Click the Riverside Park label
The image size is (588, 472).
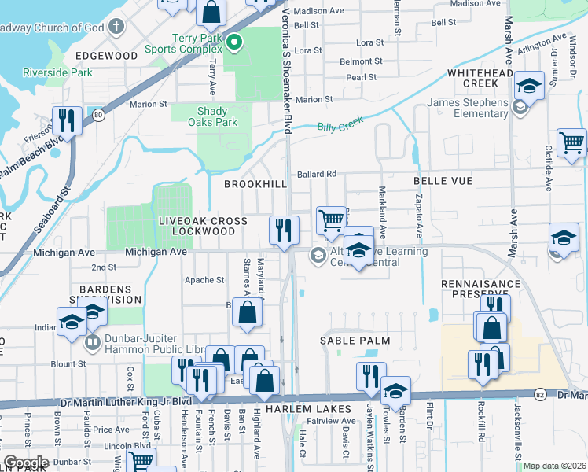(x=58, y=73)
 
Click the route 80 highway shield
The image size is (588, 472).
(x=97, y=115)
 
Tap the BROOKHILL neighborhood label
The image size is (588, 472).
(x=255, y=184)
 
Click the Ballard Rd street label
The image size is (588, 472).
(x=316, y=174)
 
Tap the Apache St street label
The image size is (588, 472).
(x=204, y=280)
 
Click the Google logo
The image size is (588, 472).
(x=26, y=463)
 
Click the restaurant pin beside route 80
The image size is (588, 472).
(x=67, y=120)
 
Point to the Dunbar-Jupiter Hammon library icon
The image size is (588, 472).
(x=93, y=343)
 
